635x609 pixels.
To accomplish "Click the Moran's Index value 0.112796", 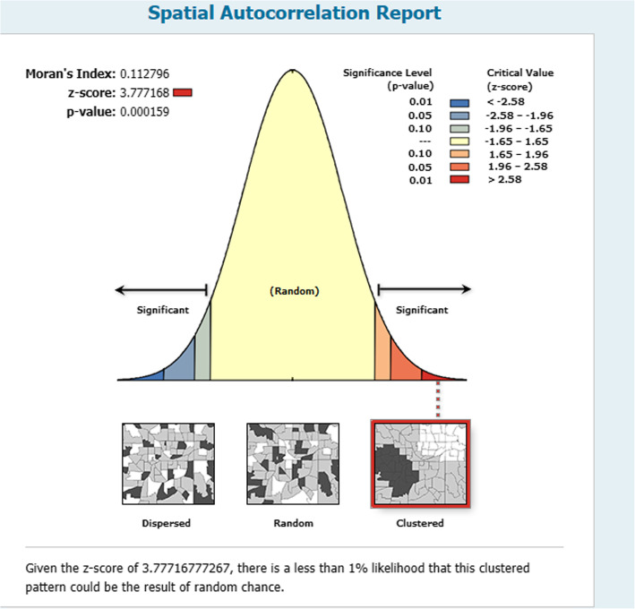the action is click(x=144, y=73).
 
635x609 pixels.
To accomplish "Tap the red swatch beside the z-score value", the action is click(x=182, y=93).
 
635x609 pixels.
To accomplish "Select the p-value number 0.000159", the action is click(x=144, y=112).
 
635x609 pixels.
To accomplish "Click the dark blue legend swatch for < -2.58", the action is click(x=459, y=103).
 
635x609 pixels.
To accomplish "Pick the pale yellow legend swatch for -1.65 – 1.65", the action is click(x=459, y=142).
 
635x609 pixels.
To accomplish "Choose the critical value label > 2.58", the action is click(x=504, y=179).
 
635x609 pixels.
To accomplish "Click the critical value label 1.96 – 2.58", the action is click(x=518, y=167).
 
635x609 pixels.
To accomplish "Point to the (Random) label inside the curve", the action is click(x=295, y=291).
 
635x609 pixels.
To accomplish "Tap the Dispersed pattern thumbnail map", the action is click(x=168, y=464).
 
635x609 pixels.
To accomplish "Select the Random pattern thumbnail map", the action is click(x=293, y=464).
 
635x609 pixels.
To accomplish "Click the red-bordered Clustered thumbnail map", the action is click(x=420, y=464).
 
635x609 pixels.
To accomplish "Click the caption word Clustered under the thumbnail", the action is click(x=420, y=523).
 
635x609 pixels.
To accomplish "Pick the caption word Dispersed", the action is click(x=166, y=523).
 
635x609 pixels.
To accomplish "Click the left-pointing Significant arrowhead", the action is click(x=119, y=290).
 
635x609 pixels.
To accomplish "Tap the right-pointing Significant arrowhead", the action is click(x=467, y=289).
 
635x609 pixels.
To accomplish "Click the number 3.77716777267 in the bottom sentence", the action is click(x=186, y=568).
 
